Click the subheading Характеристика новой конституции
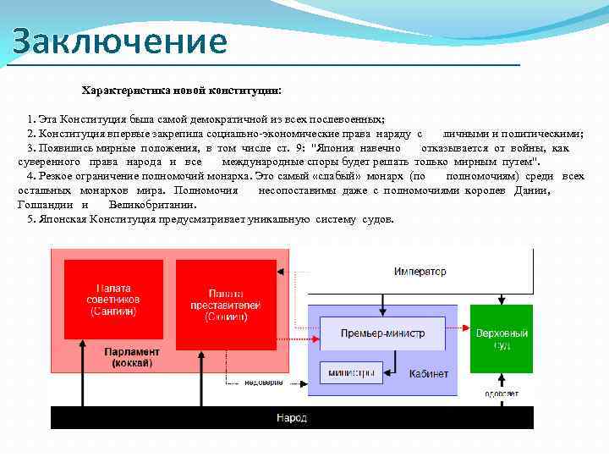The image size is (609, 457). pos(182,90)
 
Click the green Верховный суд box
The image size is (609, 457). pos(502,339)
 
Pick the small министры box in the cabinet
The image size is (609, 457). pos(351,372)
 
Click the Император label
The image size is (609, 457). pos(420,272)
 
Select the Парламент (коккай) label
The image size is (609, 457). pos(132,357)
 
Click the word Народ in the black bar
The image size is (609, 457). pos(292,418)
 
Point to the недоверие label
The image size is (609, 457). pos(264,383)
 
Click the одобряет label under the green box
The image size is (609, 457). pos(502,394)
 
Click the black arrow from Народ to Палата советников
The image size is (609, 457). pos(82,372)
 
